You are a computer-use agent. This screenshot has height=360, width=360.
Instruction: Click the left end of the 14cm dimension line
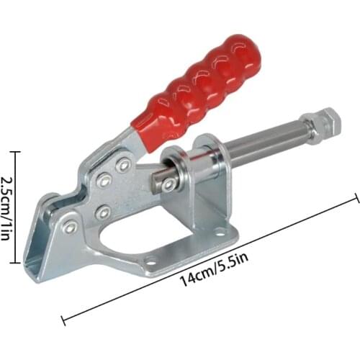click(63, 316)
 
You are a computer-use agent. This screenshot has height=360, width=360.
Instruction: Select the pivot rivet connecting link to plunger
click(168, 185)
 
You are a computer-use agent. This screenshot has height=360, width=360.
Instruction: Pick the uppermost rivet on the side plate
click(124, 165)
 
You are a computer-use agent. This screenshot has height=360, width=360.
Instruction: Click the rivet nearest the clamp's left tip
click(71, 228)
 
